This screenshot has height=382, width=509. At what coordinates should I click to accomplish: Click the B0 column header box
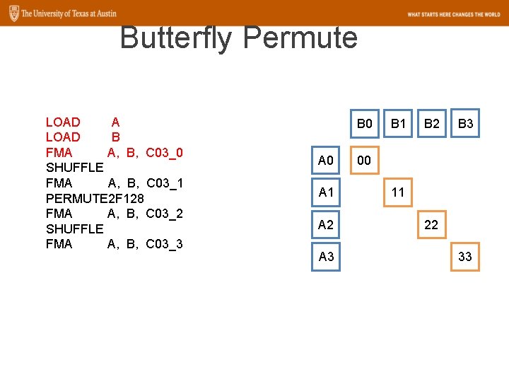364,125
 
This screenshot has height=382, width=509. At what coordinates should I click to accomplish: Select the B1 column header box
398,125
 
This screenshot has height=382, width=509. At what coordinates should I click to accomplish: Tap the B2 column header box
431,125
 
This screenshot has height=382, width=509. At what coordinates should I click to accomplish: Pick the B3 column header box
465,125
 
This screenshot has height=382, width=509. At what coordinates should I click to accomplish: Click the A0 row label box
326,161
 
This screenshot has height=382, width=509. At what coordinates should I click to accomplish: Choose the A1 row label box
326,192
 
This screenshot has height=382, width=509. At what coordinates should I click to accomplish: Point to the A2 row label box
326,225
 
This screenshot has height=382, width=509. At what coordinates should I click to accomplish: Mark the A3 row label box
326,257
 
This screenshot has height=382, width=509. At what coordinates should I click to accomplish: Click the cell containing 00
364,161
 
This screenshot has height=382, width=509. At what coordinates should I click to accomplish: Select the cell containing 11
398,192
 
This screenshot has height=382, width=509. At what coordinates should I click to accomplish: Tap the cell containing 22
431,225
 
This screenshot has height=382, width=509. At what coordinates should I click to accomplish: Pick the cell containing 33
465,257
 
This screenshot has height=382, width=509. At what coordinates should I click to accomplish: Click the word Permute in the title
300,38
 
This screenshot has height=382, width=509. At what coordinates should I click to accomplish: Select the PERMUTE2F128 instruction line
95,199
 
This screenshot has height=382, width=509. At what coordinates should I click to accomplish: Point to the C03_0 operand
165,153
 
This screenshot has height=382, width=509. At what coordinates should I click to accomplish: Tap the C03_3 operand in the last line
165,244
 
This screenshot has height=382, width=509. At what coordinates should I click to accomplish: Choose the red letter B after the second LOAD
116,137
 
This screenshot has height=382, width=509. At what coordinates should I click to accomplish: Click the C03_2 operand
165,214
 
